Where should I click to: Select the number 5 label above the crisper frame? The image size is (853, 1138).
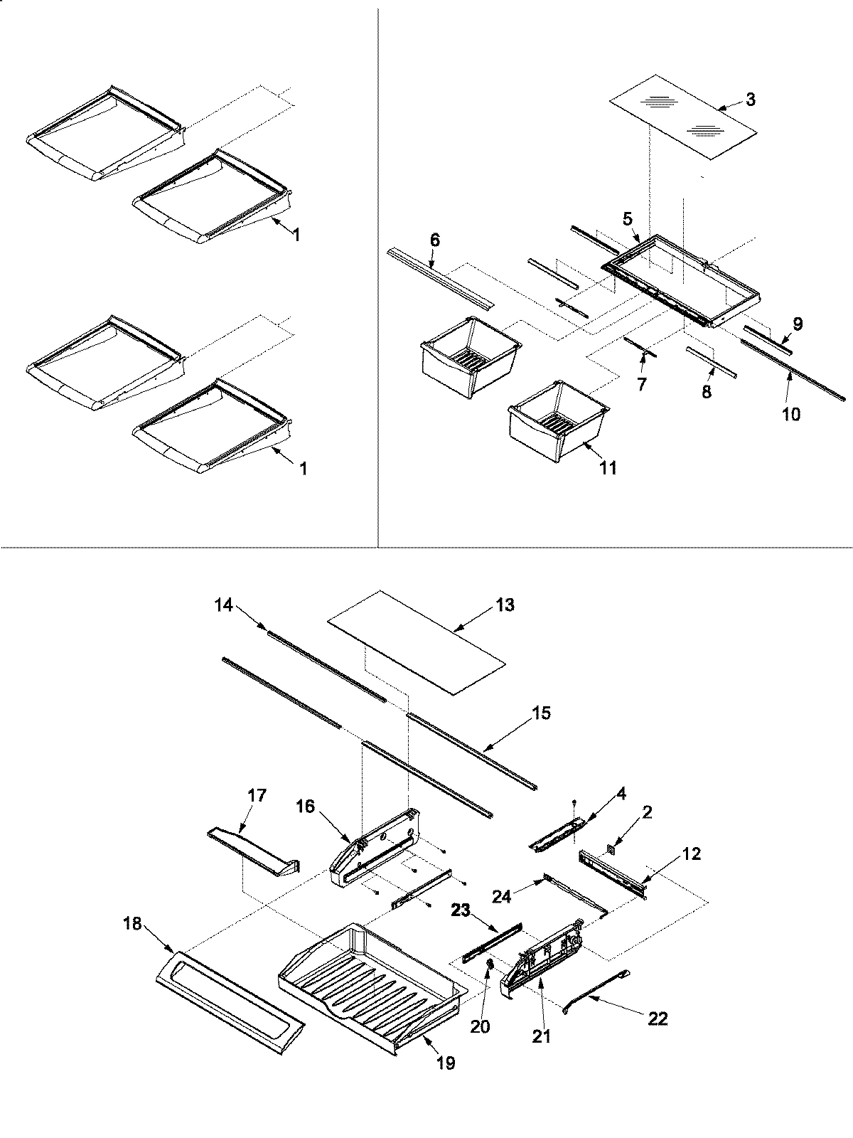(628, 219)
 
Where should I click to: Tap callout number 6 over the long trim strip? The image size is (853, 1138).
(435, 240)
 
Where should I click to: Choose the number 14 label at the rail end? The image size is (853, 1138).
(223, 605)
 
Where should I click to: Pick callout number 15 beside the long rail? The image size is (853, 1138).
(542, 713)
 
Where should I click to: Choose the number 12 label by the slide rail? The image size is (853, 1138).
(691, 854)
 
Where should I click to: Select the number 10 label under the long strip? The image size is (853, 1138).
(790, 413)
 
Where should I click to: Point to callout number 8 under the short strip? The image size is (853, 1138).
(706, 391)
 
